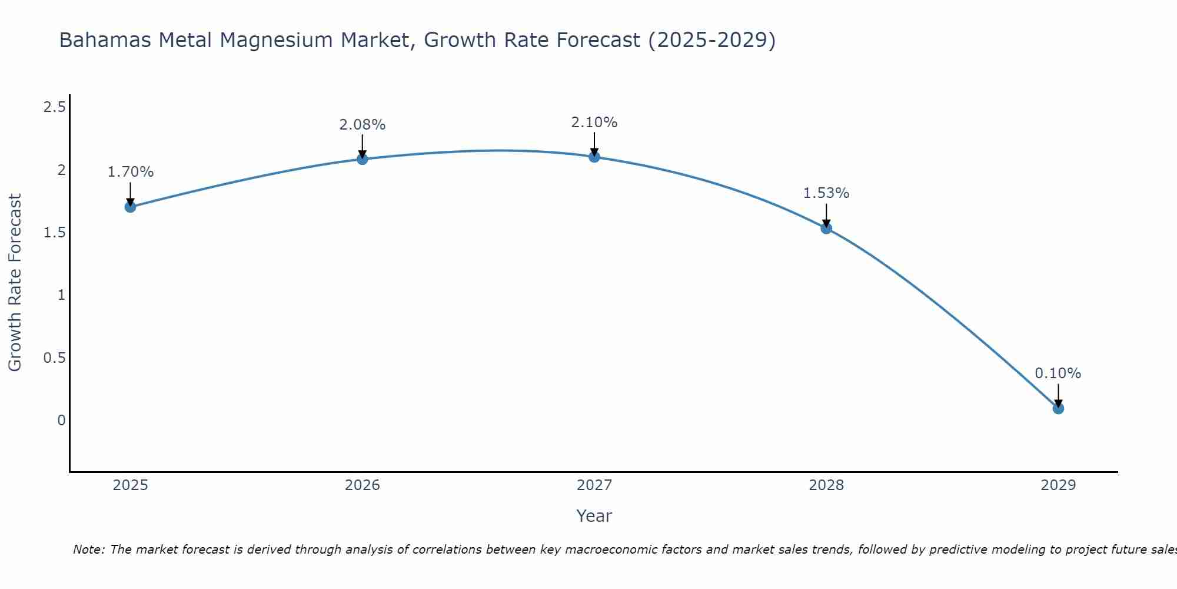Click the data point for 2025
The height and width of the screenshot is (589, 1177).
pos(131,207)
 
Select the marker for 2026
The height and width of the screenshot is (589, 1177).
pos(363,159)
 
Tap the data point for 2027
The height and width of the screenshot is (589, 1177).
pos(594,157)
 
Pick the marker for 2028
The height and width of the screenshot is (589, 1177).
pos(826,229)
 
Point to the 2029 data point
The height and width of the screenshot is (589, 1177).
pos(1058,408)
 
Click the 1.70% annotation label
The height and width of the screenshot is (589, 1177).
pos(131,172)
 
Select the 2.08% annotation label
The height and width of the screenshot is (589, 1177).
pos(363,125)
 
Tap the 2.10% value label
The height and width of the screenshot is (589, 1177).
pos(594,123)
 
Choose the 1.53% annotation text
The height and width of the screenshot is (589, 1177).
pos(826,193)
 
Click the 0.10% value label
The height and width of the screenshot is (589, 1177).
pos(1058,373)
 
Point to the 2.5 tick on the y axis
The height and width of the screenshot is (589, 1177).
pos(54,107)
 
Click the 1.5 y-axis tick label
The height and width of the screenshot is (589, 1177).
pos(54,233)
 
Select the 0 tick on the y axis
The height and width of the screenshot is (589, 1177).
pos(61,421)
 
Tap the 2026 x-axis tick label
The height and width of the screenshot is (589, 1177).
pos(363,485)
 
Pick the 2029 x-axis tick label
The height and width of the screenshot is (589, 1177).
pos(1058,485)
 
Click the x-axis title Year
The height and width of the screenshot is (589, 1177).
pos(594,516)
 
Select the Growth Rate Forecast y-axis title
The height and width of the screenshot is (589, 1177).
pos(15,283)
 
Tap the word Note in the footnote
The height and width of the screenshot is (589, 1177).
pos(88,550)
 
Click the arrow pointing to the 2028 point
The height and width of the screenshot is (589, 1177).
pos(826,216)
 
